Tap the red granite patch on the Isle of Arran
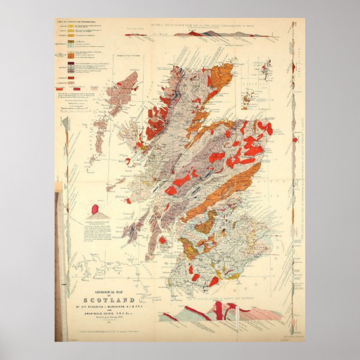click(x=162, y=240)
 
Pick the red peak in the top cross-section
click(x=195, y=33)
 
